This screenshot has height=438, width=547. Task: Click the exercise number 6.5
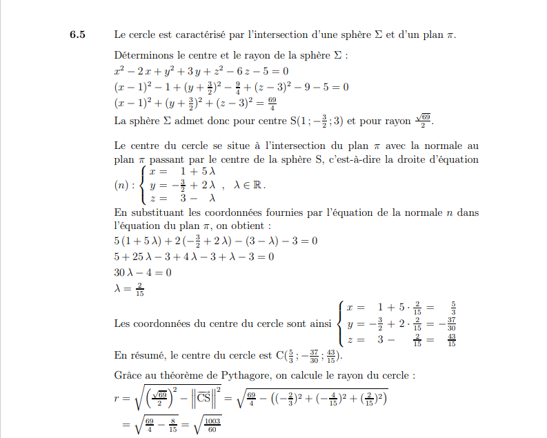tap(77, 34)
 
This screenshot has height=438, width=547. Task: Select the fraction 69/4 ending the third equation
tap(272, 104)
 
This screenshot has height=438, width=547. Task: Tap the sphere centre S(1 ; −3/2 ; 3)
tap(306, 121)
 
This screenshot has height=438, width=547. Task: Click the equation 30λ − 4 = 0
tap(143, 272)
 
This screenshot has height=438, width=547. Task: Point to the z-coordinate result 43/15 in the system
tap(452, 340)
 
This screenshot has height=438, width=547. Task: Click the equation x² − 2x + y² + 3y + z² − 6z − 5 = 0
tap(201, 71)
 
